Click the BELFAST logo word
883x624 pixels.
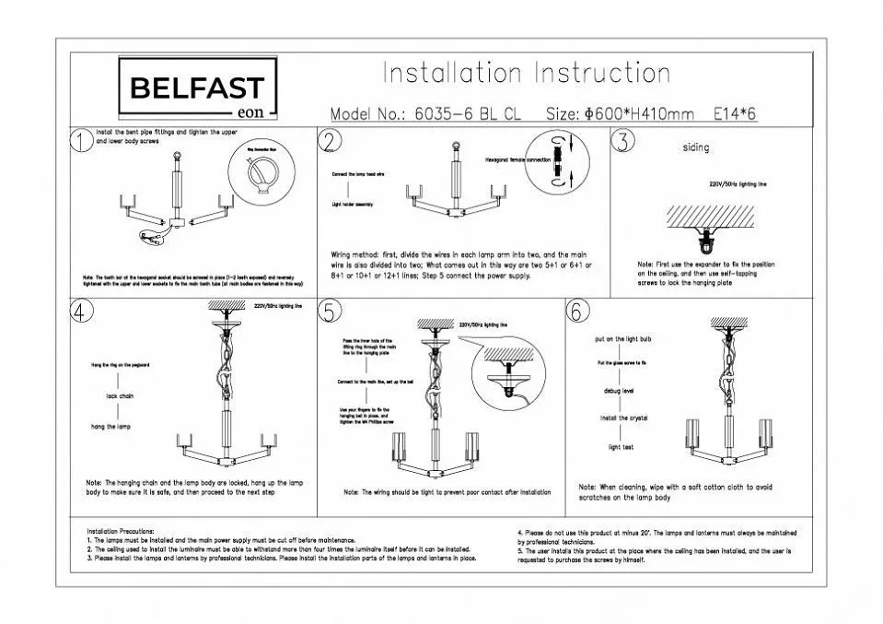tap(197, 88)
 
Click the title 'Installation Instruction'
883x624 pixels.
tap(526, 74)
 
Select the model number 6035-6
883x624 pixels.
tap(443, 114)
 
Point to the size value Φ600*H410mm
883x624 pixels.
tap(638, 114)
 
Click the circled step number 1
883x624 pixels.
tap(81, 141)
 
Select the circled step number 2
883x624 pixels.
tap(330, 140)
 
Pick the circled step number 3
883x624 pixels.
tap(623, 141)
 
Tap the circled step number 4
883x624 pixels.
tap(81, 312)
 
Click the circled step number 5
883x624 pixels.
tap(330, 312)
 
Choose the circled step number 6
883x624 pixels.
tap(577, 312)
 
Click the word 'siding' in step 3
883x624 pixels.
tap(696, 147)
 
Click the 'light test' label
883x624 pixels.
tap(621, 447)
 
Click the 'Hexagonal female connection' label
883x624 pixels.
tap(517, 160)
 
